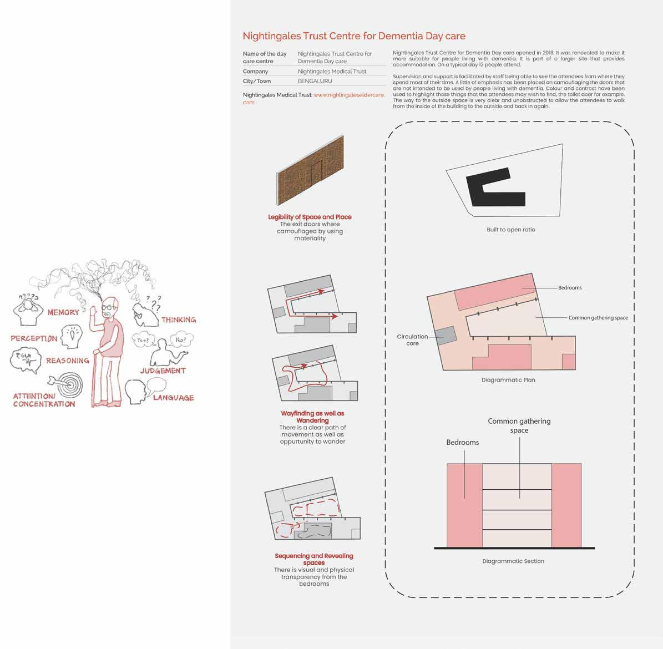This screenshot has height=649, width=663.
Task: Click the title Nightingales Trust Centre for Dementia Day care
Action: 354,37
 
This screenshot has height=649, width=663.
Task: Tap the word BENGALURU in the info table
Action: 315,81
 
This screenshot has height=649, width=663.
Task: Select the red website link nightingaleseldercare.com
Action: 348,95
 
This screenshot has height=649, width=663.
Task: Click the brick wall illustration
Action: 310,173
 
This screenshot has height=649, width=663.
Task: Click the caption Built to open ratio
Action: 510,230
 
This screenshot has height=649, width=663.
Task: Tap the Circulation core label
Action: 412,339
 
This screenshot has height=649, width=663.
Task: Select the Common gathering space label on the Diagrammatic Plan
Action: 598,318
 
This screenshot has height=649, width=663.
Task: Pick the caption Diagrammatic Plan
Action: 508,380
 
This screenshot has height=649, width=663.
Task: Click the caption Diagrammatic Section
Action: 513,561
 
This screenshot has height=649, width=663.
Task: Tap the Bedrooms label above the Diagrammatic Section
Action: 462,443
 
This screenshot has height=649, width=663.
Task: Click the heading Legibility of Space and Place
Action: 310,217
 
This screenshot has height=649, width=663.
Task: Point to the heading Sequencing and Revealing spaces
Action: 313,559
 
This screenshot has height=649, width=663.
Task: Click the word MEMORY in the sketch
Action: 63,312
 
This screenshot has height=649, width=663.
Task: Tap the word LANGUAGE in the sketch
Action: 173,398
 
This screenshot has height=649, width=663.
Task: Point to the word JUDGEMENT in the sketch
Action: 163,371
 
